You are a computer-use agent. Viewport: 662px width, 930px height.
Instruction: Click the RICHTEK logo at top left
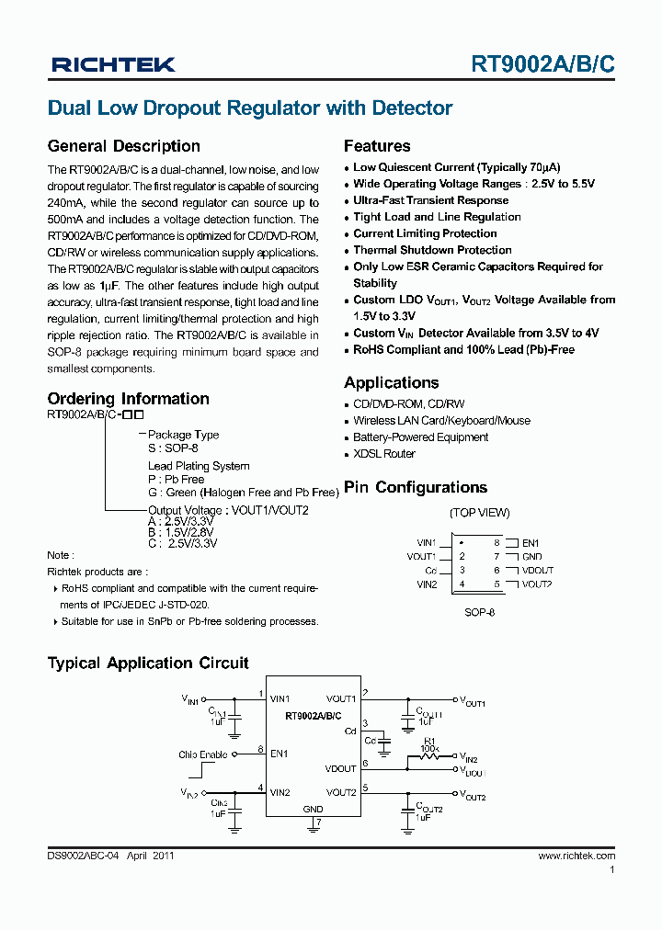click(x=113, y=64)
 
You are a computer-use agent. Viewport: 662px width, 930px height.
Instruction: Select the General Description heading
click(x=123, y=146)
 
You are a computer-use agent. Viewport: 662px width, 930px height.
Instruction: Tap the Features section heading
click(x=377, y=146)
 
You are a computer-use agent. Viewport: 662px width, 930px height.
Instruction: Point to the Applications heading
click(x=391, y=383)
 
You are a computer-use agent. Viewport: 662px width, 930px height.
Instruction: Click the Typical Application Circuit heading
click(x=148, y=663)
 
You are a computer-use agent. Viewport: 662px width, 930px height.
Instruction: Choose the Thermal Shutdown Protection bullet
click(x=432, y=250)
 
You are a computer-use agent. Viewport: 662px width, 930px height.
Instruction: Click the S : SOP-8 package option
click(x=173, y=448)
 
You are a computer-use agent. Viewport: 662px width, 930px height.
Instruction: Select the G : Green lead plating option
click(x=243, y=493)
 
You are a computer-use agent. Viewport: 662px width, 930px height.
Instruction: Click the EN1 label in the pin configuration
click(x=531, y=544)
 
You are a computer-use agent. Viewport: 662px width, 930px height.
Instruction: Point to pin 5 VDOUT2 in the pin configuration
click(x=537, y=584)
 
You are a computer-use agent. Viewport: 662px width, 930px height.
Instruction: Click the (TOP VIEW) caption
click(x=479, y=513)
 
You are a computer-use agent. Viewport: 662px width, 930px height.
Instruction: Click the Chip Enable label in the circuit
click(x=203, y=754)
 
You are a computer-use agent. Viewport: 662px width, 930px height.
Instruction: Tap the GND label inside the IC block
click(x=314, y=810)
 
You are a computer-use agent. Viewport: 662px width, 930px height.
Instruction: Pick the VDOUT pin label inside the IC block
click(x=340, y=769)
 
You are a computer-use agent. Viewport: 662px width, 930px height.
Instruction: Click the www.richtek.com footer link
click(x=576, y=856)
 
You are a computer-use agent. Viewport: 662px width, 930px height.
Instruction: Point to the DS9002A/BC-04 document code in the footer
click(x=84, y=856)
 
